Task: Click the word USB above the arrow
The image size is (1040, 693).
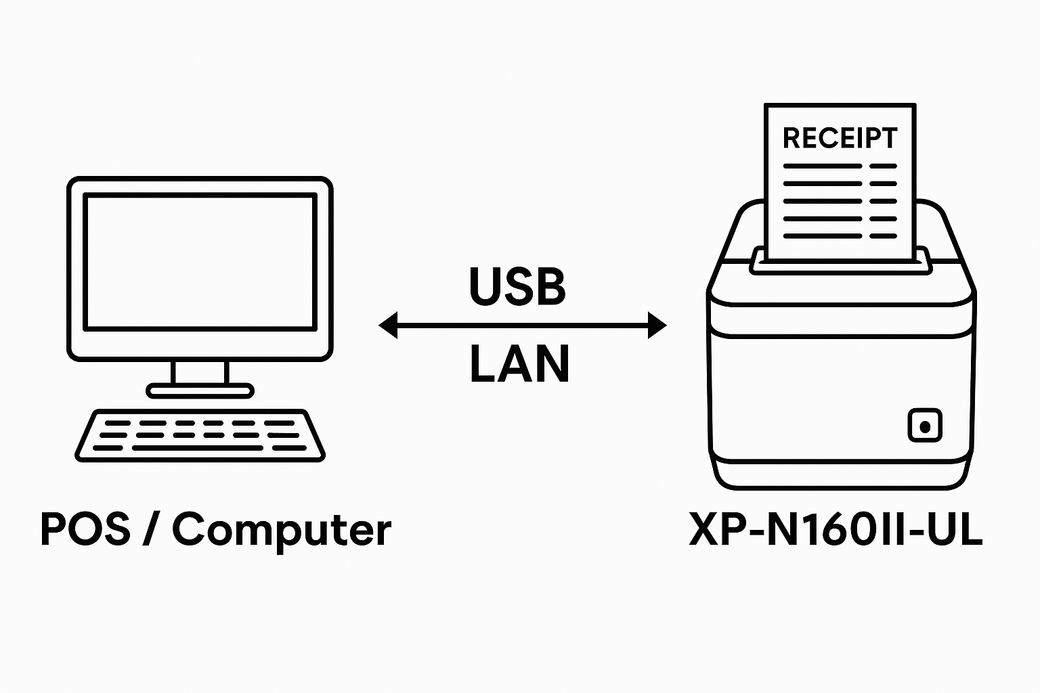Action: tap(517, 285)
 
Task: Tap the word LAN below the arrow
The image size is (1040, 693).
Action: tap(519, 364)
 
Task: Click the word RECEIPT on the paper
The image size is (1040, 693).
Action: tap(840, 138)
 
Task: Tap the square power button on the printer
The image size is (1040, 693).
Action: tap(924, 426)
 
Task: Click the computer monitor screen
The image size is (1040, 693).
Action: tap(200, 261)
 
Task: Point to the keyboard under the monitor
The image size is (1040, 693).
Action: tap(200, 435)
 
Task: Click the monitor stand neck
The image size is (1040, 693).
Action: tap(200, 372)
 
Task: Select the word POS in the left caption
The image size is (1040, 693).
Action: tap(85, 529)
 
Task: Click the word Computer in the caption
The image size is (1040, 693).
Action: tap(282, 529)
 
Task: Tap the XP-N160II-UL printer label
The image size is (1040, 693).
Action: tap(836, 529)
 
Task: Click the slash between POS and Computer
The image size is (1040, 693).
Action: tap(151, 529)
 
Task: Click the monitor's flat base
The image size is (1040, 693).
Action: tap(200, 390)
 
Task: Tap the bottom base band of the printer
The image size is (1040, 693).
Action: tap(840, 475)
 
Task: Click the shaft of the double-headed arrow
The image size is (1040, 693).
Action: tap(522, 326)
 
